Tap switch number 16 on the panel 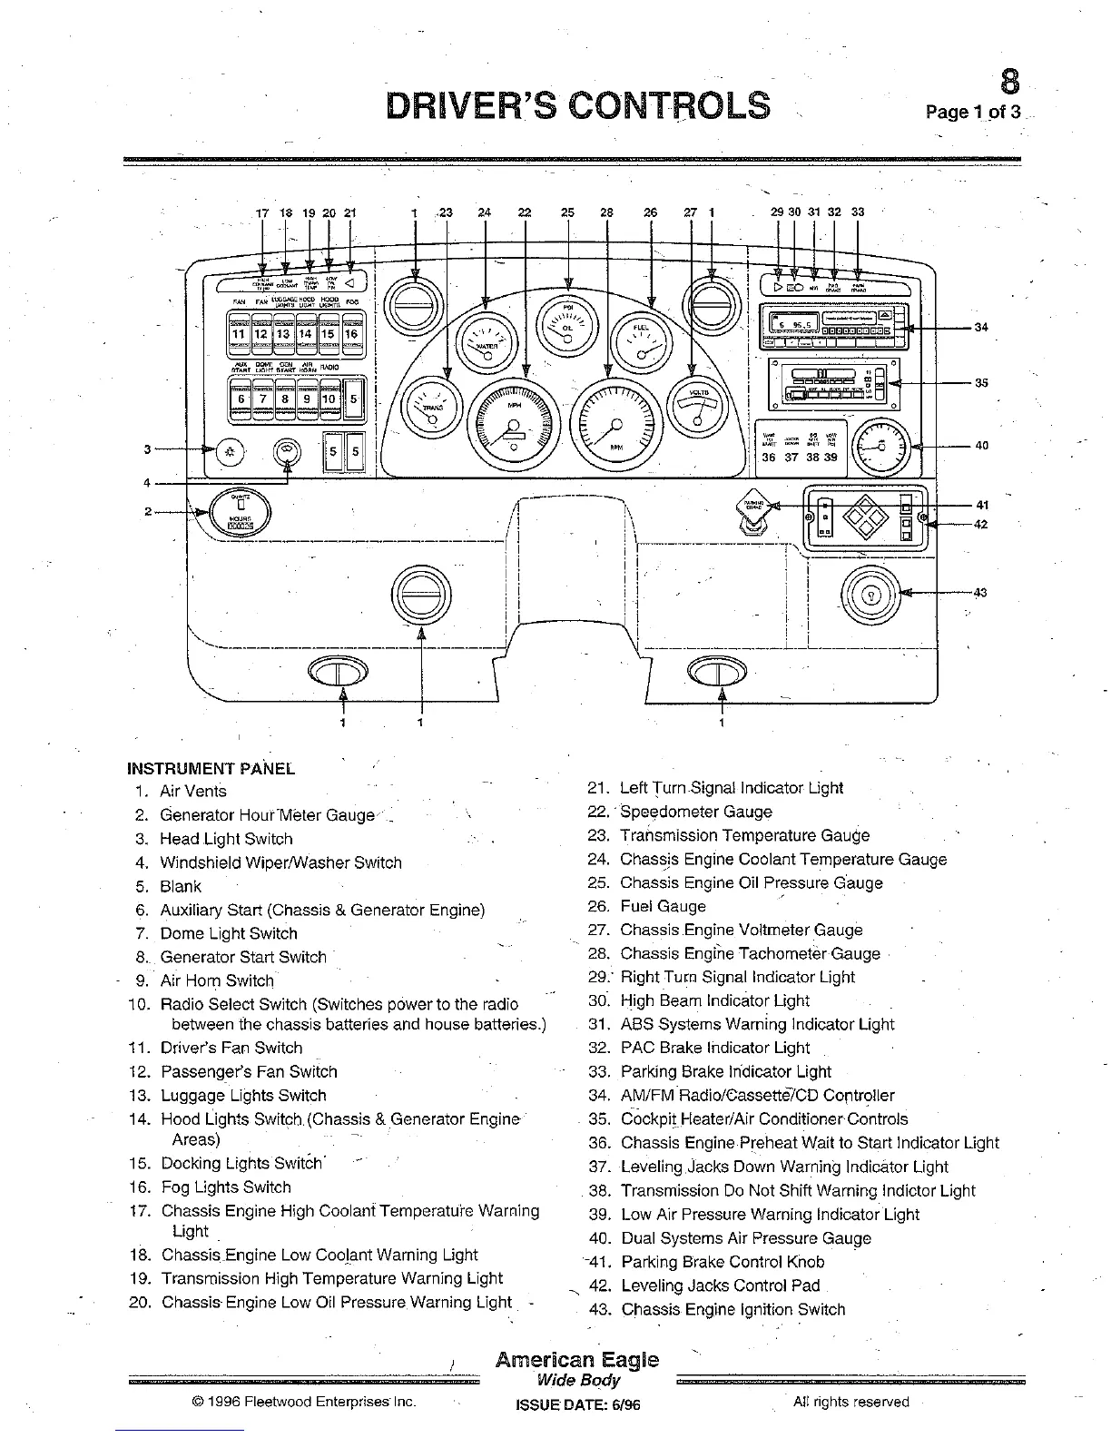point(351,333)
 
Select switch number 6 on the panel point(240,399)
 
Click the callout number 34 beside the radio point(981,328)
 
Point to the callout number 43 point(979,593)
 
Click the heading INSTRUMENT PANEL point(211,768)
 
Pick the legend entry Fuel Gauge point(663,906)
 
